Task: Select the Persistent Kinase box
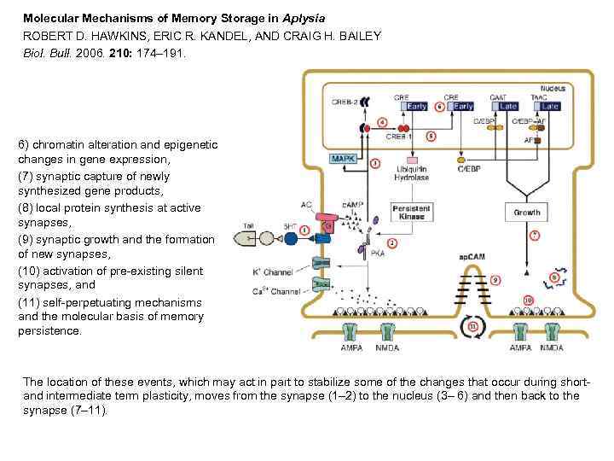[x=412, y=212]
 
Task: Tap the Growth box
[x=526, y=212]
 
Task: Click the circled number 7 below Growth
[x=535, y=235]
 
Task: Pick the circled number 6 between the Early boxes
[x=439, y=107]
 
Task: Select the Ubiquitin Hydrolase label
[x=412, y=173]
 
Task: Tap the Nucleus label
[x=553, y=88]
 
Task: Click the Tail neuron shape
[x=255, y=238]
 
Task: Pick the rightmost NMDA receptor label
[x=552, y=347]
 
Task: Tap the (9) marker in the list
[x=26, y=239]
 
